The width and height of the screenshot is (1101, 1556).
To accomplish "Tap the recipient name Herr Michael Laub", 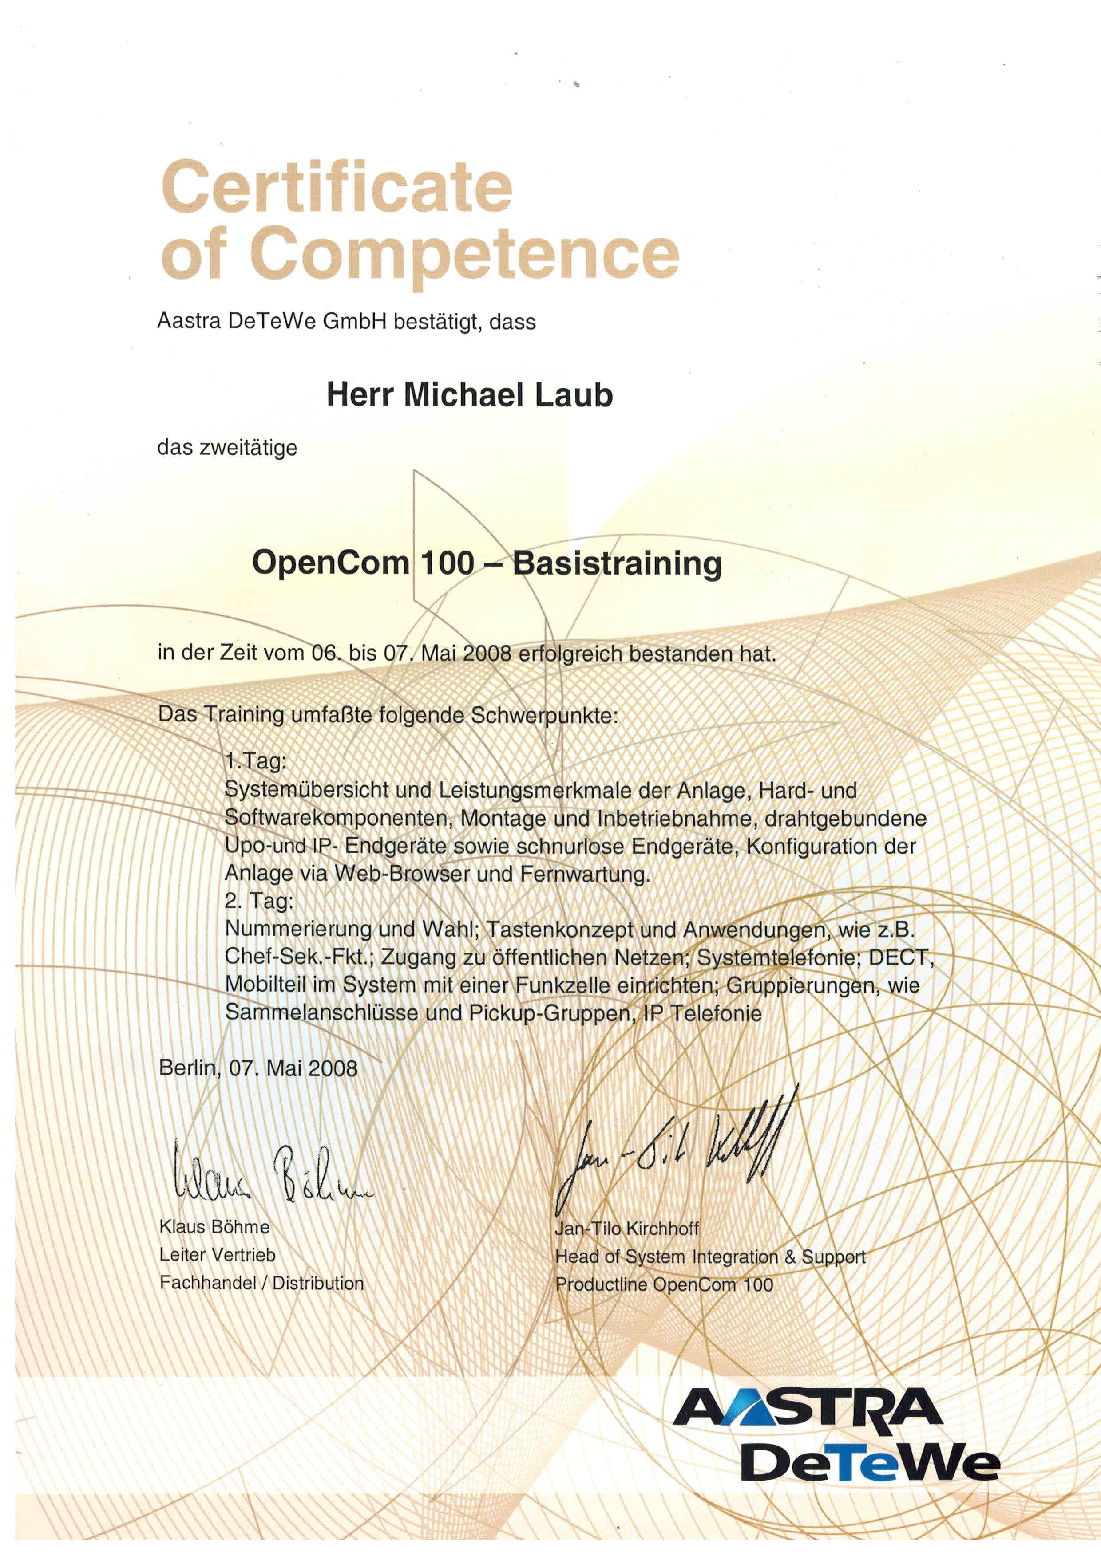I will pos(469,395).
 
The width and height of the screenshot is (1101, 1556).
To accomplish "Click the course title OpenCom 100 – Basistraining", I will pos(486,563).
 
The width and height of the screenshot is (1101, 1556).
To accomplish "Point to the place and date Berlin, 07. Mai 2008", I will pos(257,1069).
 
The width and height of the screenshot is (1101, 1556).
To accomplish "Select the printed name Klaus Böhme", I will pos(214,1227).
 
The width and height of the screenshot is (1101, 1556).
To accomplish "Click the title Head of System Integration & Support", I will pos(710,1257).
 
